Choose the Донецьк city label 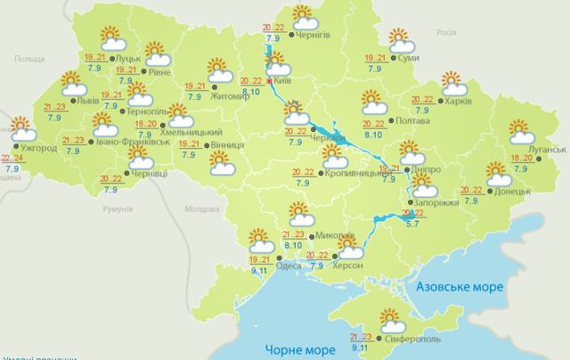(513, 191)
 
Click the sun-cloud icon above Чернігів (305, 17)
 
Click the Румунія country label (118, 209)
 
